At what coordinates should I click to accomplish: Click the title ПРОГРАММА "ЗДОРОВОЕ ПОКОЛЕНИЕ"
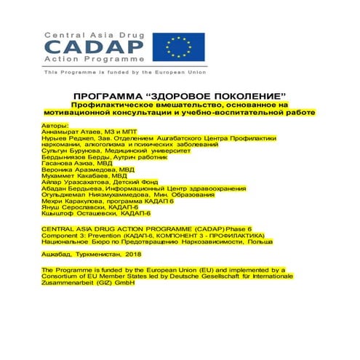pos(180,97)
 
